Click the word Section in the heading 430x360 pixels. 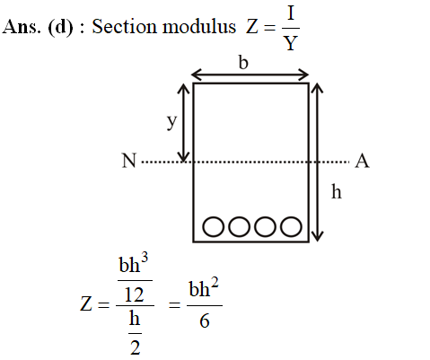pyautogui.click(x=124, y=26)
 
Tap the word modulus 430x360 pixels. pyautogui.click(x=199, y=26)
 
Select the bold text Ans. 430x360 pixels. pyautogui.click(x=21, y=27)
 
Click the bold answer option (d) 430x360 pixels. pyautogui.click(x=60, y=27)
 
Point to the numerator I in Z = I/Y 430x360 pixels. pyautogui.click(x=291, y=13)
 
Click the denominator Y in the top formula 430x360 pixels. pyautogui.click(x=291, y=43)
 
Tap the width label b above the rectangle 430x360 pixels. pyautogui.click(x=243, y=63)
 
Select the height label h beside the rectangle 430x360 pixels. pyautogui.click(x=337, y=191)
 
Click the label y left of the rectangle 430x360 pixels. pyautogui.click(x=171, y=122)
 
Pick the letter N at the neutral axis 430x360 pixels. pyautogui.click(x=129, y=161)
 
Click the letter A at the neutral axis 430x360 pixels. pyautogui.click(x=362, y=161)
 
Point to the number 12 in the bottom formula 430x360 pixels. pyautogui.click(x=134, y=294)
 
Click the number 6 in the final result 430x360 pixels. pyautogui.click(x=205, y=320)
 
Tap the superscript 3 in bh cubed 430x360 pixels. pyautogui.click(x=145, y=259)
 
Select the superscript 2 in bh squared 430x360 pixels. pyautogui.click(x=215, y=283)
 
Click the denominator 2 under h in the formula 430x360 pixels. pyautogui.click(x=136, y=347)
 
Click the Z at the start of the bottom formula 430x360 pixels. pyautogui.click(x=86, y=304)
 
